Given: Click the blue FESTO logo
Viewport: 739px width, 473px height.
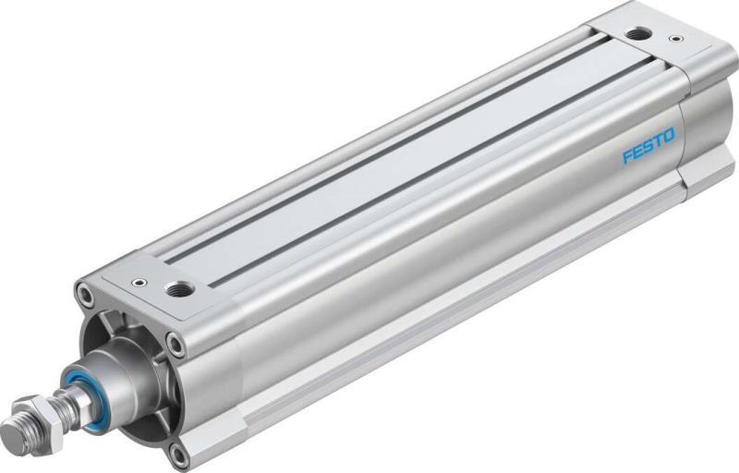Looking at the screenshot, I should point(648,146).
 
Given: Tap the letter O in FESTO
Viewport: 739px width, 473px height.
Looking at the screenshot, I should point(668,136).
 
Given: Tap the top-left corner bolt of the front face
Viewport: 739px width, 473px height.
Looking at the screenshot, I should point(86,297).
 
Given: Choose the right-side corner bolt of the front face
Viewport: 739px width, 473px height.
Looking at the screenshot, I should point(175,345).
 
